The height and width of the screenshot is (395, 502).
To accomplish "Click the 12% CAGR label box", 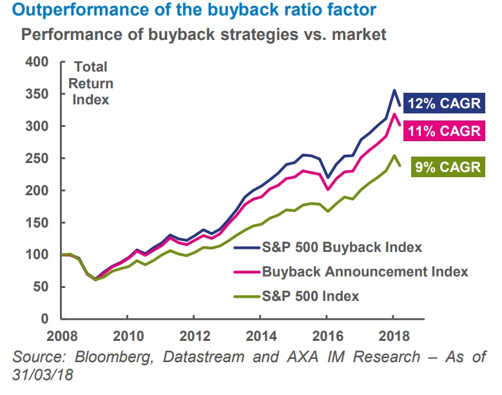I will (444, 104).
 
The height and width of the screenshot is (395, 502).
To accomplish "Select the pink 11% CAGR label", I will (444, 131).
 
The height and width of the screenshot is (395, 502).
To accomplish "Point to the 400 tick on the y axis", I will (37, 62).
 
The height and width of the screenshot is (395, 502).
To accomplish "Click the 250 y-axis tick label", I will (37, 159).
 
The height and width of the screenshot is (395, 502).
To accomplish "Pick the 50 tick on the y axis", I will (41, 287).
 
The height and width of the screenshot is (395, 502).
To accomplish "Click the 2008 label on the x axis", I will (61, 337).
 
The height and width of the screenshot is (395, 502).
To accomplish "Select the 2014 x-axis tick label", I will (259, 337).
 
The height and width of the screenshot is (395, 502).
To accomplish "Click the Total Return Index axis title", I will (91, 83).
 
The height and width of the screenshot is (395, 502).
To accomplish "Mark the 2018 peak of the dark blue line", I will (394, 90).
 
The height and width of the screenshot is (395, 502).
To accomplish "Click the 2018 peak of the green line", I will (394, 155).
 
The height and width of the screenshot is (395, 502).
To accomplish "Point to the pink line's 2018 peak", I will (394, 115).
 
